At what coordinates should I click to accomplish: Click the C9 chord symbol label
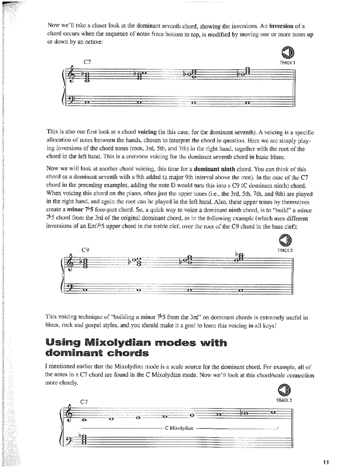coord(85,249)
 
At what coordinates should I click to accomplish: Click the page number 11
coord(326,461)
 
